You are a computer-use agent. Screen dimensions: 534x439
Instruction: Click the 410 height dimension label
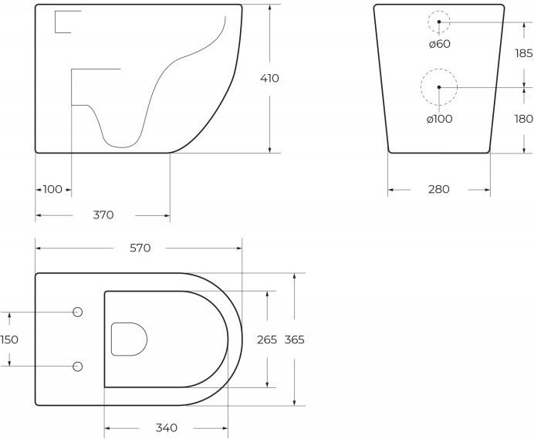269,79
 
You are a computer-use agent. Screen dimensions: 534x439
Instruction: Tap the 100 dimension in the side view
52,189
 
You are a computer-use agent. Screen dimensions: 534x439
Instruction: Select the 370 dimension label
103,215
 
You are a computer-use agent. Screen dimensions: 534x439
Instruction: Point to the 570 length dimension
140,248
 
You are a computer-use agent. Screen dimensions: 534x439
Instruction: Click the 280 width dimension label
438,189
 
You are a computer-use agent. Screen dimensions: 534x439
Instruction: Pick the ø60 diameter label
440,44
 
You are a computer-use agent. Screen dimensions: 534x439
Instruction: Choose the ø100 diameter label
439,119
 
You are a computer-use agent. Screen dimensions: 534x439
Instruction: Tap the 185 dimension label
524,53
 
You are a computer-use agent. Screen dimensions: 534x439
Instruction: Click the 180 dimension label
524,119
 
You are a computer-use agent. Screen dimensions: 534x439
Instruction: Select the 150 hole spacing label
9,339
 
